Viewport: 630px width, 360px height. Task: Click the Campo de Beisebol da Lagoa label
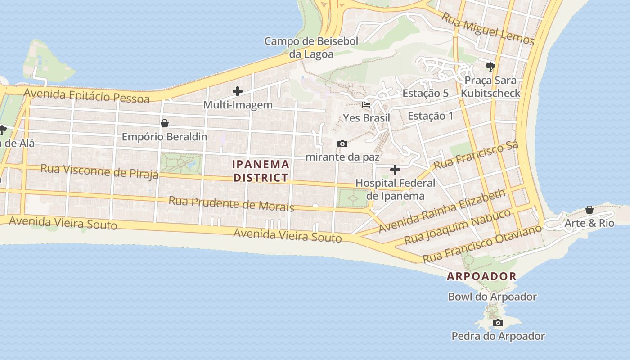tap(311, 48)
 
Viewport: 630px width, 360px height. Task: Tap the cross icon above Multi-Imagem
tap(238, 92)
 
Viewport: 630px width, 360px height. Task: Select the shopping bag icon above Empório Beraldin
tap(165, 123)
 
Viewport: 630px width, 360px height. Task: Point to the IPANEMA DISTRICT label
tap(261, 171)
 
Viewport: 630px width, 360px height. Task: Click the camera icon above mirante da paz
tap(342, 144)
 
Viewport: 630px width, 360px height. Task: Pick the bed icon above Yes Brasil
tap(366, 105)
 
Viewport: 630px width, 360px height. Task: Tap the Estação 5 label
tap(425, 94)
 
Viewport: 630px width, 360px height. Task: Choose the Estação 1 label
tap(430, 116)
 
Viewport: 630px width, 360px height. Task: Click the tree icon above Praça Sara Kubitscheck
tap(490, 67)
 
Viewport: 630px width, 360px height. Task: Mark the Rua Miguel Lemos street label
tap(488, 29)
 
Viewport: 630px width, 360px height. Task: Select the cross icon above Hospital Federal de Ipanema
tap(395, 170)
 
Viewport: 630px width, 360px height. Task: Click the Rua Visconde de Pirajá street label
tap(99, 171)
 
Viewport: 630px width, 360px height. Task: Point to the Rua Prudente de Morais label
tap(231, 203)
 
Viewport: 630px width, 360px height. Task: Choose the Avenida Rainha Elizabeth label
tap(442, 211)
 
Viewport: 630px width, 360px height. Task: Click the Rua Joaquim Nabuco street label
tap(457, 226)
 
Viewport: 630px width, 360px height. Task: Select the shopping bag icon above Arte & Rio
tap(589, 210)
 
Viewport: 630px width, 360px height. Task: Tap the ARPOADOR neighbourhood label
tap(481, 276)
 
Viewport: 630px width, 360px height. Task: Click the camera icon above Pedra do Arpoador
tap(498, 323)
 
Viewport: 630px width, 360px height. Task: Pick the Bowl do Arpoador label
tap(492, 297)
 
